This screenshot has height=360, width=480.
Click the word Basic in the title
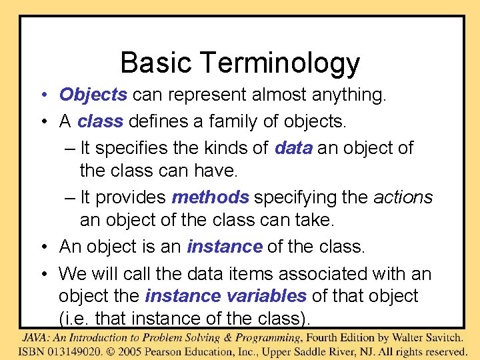click(x=155, y=63)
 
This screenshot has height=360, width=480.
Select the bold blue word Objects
click(x=93, y=95)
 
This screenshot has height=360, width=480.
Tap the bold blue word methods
click(x=210, y=197)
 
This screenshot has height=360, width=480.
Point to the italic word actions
click(x=403, y=197)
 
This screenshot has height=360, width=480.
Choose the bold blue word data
click(x=293, y=148)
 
